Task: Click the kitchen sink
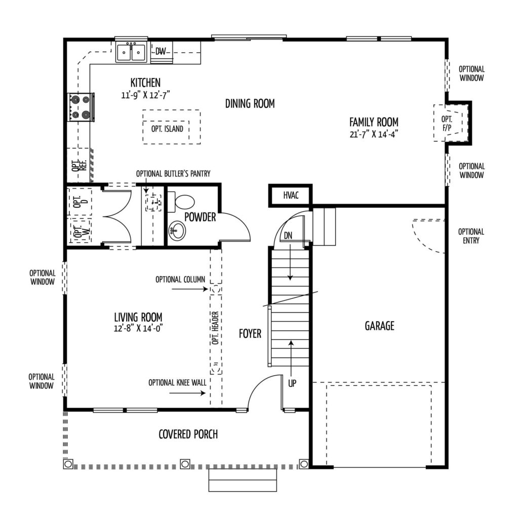tap(132, 52)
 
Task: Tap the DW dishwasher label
tap(161, 51)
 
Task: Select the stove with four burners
tap(81, 107)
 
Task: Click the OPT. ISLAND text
tap(167, 129)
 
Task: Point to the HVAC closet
tap(290, 196)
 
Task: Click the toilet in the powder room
tap(181, 201)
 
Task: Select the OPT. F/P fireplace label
tap(447, 124)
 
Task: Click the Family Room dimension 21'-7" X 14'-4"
tap(374, 134)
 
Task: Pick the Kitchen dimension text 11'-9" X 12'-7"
tap(145, 95)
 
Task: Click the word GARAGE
tap(379, 326)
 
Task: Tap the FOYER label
tap(250, 333)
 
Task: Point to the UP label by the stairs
tap(292, 383)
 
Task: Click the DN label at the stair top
tap(288, 236)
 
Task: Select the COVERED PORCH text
tap(188, 434)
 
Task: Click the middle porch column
tap(185, 464)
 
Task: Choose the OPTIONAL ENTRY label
tap(471, 236)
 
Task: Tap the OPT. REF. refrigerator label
tap(78, 165)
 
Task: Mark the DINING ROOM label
tap(250, 103)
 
